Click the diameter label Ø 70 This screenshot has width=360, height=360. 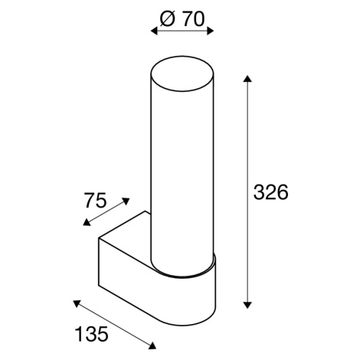coord(182,18)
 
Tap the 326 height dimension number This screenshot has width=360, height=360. coord(270,192)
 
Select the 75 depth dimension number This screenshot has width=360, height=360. coord(95,200)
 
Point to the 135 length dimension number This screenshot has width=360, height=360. coord(92,334)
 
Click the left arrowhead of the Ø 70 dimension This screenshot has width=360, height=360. coord(154,31)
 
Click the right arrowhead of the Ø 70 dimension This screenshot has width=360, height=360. coord(210,31)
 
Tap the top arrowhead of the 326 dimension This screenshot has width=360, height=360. coord(247,79)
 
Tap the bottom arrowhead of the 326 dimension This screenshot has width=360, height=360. coord(247,305)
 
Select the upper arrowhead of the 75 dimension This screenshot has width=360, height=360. coord(126,201)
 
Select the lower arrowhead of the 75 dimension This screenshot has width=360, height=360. coord(87,223)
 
